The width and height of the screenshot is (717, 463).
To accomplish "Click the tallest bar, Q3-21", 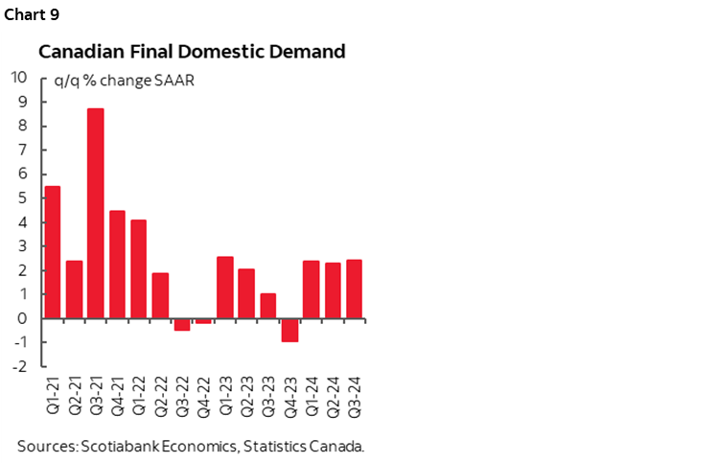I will click(x=96, y=214).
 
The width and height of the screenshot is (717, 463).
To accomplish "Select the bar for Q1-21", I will click(x=53, y=252).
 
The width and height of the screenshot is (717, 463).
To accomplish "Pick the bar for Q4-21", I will click(x=117, y=265).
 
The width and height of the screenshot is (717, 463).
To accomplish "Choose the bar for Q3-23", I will click(x=268, y=306).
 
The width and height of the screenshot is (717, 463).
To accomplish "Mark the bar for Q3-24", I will click(x=354, y=289).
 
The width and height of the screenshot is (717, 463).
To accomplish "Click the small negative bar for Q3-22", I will click(x=182, y=324).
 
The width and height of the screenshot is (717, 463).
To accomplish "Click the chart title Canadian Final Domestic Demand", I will click(x=191, y=52).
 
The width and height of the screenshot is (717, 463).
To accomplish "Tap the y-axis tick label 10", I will click(x=17, y=78).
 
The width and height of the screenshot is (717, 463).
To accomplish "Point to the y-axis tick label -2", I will click(x=18, y=367).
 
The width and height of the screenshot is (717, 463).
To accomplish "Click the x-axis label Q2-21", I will click(x=75, y=397).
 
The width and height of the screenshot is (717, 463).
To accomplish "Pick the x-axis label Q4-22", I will click(x=203, y=397).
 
